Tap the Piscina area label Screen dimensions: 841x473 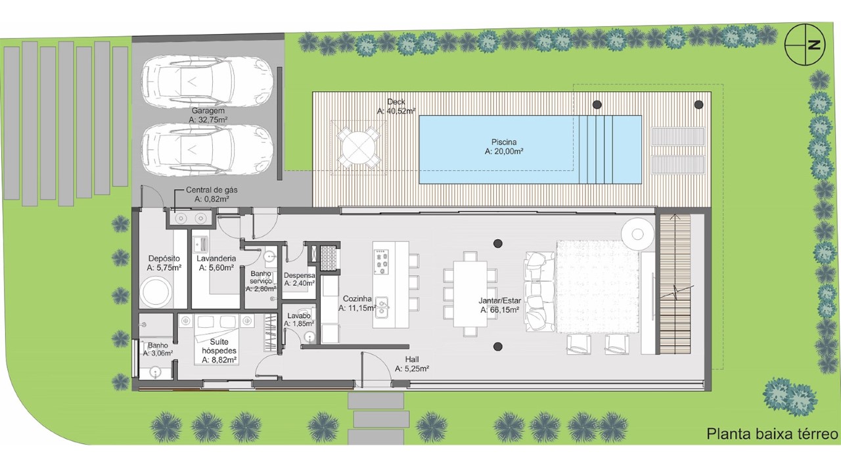tap(504, 146)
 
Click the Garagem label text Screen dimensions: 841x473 tap(208, 111)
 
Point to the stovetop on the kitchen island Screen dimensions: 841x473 tap(382, 261)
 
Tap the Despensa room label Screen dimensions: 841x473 tap(299, 275)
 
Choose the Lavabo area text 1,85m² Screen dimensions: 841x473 tap(299, 324)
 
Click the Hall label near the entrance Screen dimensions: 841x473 tap(412, 359)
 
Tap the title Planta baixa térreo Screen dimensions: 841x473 tap(772, 434)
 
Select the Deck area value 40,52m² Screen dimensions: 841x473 tap(396, 111)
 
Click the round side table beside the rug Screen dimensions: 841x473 tap(637, 234)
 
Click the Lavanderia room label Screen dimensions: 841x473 tap(216, 258)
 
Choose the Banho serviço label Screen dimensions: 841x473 tap(261, 277)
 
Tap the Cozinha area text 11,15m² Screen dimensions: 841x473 tap(357, 308)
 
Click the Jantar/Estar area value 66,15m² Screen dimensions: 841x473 tap(500, 310)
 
